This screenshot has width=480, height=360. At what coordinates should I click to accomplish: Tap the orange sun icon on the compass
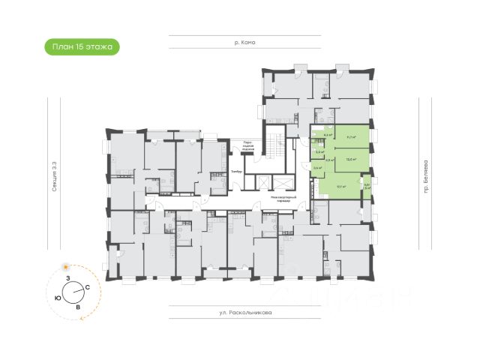click(67, 266)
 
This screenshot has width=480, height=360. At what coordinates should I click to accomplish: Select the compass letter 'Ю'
click(58, 297)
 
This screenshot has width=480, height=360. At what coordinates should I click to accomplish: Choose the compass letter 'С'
click(88, 288)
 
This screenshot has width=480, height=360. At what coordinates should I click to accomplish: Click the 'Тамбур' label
click(236, 172)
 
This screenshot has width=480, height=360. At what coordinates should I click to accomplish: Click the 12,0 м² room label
click(350, 159)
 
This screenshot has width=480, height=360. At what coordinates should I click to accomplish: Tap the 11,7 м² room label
click(350, 136)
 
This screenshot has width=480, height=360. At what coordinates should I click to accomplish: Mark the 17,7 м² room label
click(341, 186)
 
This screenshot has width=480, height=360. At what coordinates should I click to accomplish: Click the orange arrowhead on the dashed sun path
click(79, 318)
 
